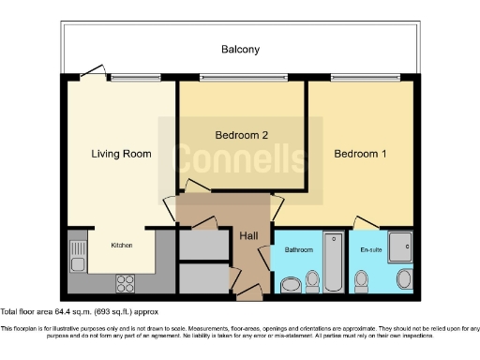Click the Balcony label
(240, 49)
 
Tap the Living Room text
(121, 153)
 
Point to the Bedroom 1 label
(361, 153)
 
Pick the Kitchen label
(122, 245)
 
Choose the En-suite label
(371, 250)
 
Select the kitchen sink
(76, 251)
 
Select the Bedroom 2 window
(242, 79)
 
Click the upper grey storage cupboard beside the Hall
(203, 245)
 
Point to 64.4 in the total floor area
(64, 310)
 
